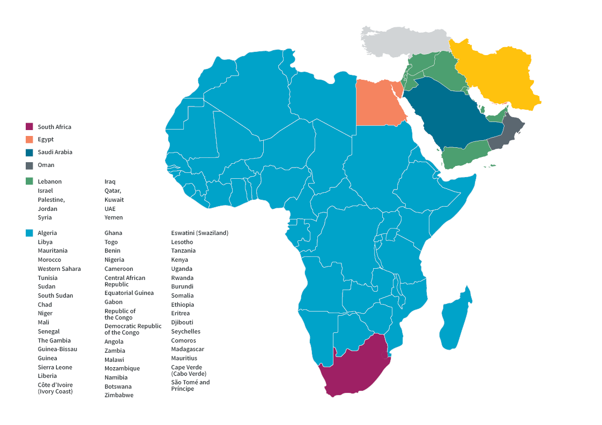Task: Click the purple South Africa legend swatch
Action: tap(29, 127)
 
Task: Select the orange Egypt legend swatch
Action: tap(29, 140)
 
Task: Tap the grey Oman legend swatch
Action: tap(29, 165)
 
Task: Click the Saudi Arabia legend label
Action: tap(55, 152)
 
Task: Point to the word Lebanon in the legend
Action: tap(49, 181)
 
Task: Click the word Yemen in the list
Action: tap(114, 217)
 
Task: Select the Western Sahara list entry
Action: tap(59, 269)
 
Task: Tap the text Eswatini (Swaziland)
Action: tap(199, 233)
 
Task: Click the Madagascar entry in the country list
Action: tap(188, 349)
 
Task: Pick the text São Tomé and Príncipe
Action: tap(190, 385)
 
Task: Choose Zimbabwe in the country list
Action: tap(119, 395)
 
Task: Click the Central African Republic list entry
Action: tap(124, 281)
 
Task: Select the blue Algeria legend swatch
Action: tap(29, 233)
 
